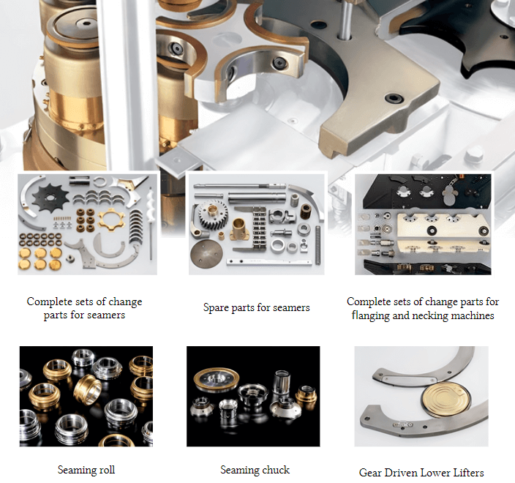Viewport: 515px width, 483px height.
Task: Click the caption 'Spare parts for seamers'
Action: click(256, 308)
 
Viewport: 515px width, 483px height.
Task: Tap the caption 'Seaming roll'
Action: click(86, 470)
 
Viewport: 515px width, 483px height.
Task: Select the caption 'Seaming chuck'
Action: click(255, 470)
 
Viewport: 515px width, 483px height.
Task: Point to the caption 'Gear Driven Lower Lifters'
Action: click(421, 473)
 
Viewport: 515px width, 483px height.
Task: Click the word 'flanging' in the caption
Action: click(370, 315)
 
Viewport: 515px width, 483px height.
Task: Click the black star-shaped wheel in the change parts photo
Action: click(50, 197)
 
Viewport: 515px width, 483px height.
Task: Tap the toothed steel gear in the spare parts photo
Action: click(213, 214)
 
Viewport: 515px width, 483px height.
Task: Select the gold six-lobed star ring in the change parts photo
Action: click(112, 220)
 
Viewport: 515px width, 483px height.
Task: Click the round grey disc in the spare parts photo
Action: click(206, 254)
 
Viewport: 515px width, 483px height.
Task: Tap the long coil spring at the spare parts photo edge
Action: click(317, 245)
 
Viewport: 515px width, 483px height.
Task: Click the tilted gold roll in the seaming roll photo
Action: click(88, 389)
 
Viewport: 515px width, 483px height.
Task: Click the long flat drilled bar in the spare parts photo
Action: click(268, 262)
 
